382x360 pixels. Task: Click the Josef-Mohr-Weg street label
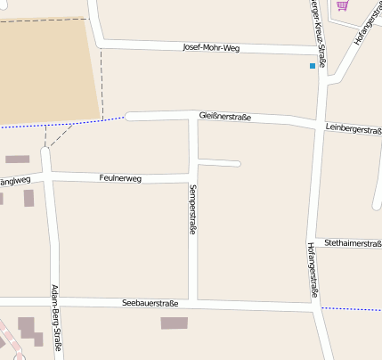[211, 47]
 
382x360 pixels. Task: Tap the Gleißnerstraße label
[225, 117]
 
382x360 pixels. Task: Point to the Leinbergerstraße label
[354, 130]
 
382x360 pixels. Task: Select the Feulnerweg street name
[120, 178]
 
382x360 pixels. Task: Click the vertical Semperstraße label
[192, 209]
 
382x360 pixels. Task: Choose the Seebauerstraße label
[150, 304]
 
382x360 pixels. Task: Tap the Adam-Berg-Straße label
[56, 319]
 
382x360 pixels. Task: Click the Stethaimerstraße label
[353, 242]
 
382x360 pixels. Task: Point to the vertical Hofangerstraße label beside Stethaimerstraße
[313, 269]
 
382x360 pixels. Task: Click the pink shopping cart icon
[342, 5]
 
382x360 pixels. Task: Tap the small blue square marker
[312, 66]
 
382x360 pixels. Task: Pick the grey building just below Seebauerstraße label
[175, 323]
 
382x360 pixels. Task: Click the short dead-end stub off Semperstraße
[220, 163]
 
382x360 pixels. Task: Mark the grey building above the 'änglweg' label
[17, 160]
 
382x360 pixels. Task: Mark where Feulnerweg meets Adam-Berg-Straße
[48, 175]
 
